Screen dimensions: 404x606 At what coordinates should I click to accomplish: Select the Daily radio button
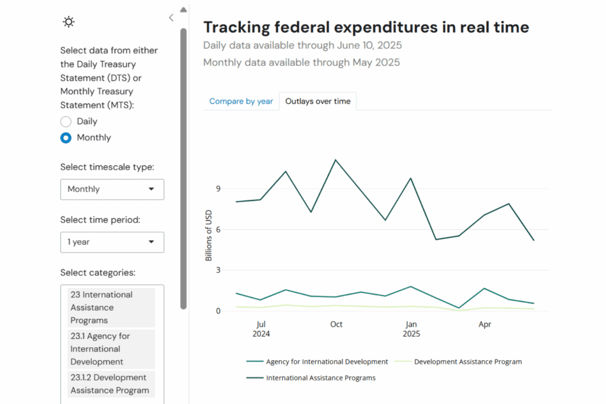pos(66,122)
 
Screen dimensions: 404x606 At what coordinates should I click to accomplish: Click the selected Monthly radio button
pos(66,138)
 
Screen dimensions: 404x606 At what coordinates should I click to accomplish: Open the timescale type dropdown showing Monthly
pos(112,189)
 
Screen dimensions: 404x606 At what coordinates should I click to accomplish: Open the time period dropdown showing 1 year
pos(112,242)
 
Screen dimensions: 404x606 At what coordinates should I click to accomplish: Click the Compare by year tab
pos(241,101)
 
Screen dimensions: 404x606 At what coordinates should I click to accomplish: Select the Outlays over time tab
pos(318,101)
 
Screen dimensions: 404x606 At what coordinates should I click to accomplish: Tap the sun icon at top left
pos(69,22)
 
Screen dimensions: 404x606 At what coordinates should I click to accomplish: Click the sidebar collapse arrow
pos(171,18)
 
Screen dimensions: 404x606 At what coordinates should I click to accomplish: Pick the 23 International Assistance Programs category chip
pos(111,308)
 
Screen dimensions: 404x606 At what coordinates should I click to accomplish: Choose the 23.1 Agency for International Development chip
pos(111,349)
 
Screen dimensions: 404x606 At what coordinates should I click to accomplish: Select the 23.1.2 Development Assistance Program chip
pos(111,384)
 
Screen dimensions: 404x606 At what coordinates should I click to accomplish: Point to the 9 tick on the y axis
pos(218,189)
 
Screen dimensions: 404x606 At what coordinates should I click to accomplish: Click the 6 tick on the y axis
pos(218,230)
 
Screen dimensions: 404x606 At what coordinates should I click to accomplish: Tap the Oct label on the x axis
pos(336,324)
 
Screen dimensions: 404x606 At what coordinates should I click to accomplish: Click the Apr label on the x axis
pos(485,324)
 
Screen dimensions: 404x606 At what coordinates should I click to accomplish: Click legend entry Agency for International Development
pos(327,361)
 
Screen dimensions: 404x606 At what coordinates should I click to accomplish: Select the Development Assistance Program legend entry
pos(468,361)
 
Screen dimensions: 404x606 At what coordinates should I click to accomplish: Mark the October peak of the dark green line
pos(336,160)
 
